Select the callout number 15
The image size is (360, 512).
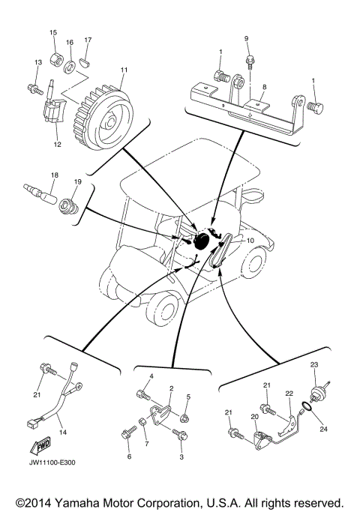tap(53, 33)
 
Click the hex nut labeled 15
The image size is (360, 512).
tap(55, 58)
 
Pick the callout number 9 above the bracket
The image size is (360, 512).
tap(245, 37)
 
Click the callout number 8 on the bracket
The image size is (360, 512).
tap(263, 87)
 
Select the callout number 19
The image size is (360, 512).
tap(77, 181)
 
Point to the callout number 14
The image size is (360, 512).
tap(62, 433)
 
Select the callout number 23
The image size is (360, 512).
tap(315, 364)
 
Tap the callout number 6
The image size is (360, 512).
tap(128, 456)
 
